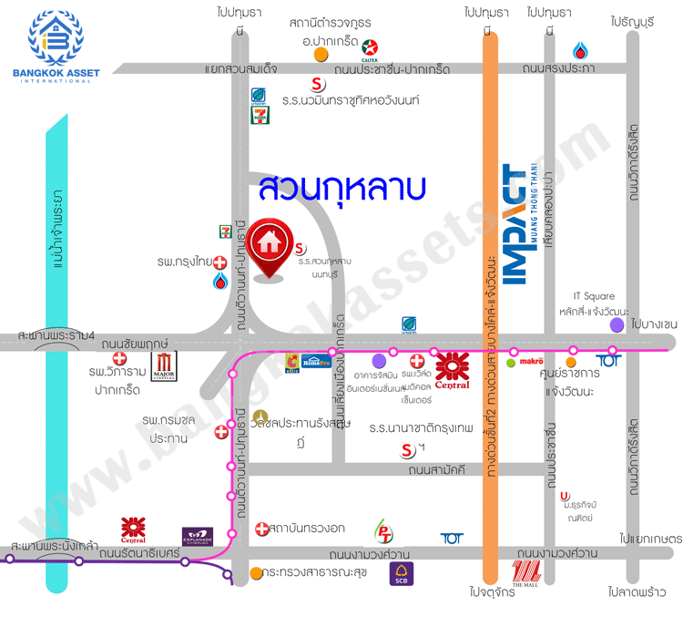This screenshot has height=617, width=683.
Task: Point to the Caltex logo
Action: tap(371, 47)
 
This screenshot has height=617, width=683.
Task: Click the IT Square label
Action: tap(594, 296)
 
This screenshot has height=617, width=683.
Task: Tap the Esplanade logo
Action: tap(197, 536)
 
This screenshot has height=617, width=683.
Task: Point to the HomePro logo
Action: tap(316, 359)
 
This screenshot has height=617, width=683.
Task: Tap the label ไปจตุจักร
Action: tap(494, 591)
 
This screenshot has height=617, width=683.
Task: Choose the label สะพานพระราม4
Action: tap(56, 337)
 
